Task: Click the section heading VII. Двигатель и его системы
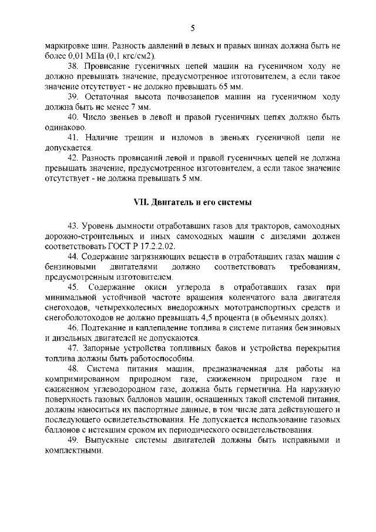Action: pos(193,203)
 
